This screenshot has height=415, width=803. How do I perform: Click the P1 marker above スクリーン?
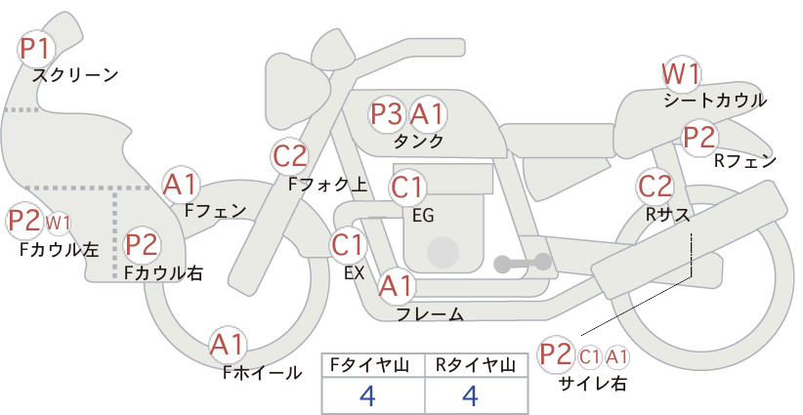(x=36, y=49)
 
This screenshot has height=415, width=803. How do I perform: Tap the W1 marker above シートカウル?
(x=681, y=74)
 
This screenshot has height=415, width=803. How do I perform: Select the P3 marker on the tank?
(x=387, y=113)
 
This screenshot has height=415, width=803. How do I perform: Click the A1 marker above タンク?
(x=427, y=113)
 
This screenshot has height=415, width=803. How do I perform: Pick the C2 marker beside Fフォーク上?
(x=290, y=156)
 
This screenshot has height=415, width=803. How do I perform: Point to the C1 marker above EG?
(x=407, y=187)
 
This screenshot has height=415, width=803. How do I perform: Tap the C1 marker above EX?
(x=348, y=244)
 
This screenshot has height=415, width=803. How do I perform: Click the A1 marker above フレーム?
(x=397, y=285)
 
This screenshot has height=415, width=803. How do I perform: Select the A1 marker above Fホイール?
(x=228, y=345)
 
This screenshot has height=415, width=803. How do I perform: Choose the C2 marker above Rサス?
(x=655, y=187)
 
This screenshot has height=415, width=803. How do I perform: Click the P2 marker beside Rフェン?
(x=699, y=137)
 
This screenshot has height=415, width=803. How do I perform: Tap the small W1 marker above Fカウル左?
(x=59, y=223)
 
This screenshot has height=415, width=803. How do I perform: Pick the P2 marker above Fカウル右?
(x=142, y=244)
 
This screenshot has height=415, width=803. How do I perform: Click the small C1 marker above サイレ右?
(x=590, y=356)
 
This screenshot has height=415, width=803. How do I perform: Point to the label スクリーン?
(x=75, y=75)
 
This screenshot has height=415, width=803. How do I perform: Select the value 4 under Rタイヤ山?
(x=470, y=395)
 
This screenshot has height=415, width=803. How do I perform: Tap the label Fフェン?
(x=215, y=210)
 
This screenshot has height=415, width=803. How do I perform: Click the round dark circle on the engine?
(x=444, y=253)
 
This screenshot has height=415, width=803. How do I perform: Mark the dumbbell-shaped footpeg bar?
(x=523, y=263)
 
